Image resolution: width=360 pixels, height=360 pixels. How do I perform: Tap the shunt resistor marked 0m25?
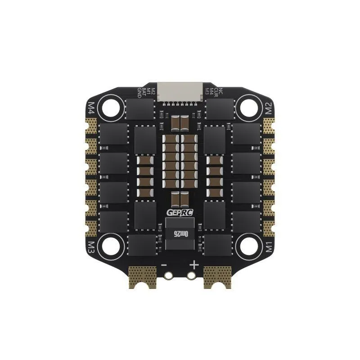click(180, 234)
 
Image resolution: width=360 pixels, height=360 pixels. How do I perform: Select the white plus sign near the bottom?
click(193, 265)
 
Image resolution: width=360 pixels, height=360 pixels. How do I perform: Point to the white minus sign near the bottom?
click(165, 265)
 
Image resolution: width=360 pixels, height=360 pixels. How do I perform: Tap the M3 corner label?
click(91, 246)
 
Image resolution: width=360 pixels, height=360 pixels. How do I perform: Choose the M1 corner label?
click(268, 247)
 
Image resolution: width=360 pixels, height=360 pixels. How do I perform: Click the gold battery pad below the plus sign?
click(217, 275)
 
